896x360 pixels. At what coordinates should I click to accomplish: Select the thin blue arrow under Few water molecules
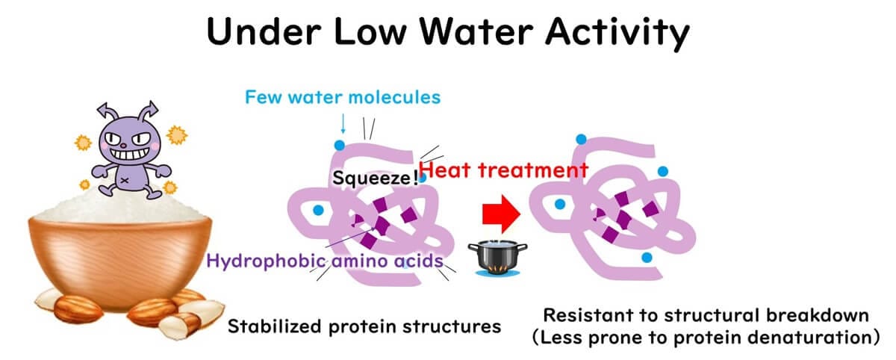[x=342, y=122]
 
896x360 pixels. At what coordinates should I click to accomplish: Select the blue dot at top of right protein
[x=579, y=138]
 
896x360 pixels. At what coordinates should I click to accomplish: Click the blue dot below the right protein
[x=644, y=257]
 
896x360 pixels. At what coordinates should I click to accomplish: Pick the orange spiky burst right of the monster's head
[x=178, y=136]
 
